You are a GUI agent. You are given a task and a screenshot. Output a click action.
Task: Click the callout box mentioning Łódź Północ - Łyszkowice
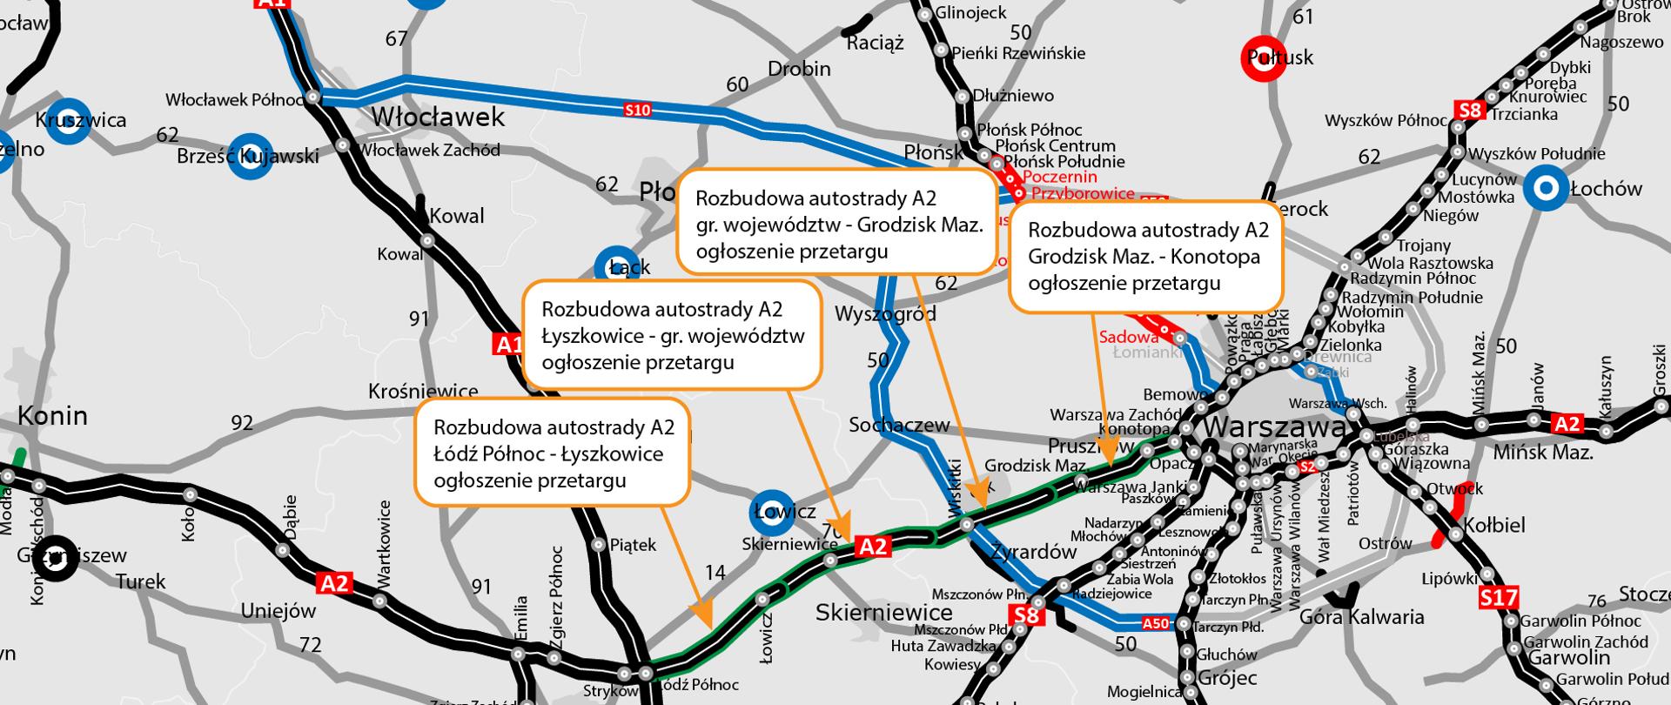553,453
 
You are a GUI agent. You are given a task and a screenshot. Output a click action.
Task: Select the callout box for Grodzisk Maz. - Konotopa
1146,256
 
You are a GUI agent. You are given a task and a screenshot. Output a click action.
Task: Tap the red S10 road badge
637,110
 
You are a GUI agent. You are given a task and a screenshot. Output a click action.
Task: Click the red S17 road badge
1499,598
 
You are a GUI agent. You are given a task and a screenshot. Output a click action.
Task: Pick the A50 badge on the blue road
1155,623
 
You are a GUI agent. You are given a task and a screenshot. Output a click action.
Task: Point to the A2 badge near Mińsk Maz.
1567,424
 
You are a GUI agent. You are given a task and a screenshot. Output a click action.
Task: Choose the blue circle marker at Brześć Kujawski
251,156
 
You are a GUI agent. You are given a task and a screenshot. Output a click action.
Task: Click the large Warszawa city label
1276,429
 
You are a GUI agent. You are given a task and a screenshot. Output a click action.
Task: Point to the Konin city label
53,415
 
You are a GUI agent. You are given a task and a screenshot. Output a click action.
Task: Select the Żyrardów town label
1034,552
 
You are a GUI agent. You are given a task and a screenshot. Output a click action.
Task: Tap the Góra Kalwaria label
1361,617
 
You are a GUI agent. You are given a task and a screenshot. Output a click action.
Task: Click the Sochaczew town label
899,425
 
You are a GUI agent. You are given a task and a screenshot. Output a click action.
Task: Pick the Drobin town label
799,69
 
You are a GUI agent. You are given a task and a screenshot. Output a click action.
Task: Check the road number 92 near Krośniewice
242,423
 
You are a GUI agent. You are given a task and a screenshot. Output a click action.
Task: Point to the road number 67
397,38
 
